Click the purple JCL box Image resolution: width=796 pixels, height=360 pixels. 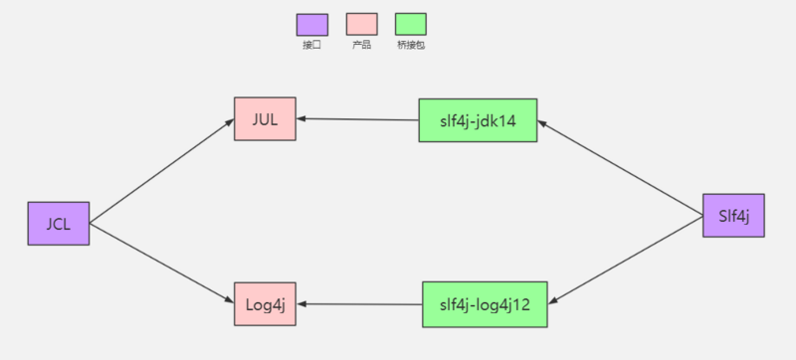coord(58,223)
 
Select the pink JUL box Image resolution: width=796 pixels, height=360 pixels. coord(265,119)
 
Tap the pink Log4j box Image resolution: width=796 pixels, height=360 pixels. coord(265,304)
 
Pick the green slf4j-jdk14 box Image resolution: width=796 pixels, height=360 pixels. coord(478,120)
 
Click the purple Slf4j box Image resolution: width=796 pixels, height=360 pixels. coord(733,216)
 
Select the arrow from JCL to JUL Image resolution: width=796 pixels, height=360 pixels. coord(159,171)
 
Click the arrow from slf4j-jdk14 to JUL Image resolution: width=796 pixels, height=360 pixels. coord(358,119)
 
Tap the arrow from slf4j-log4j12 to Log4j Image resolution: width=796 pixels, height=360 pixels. coord(360,304)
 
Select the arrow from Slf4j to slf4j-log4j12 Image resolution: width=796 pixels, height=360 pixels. coord(627,259)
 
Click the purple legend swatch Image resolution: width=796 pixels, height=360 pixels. coord(311,24)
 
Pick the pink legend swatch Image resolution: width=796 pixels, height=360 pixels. coord(361,24)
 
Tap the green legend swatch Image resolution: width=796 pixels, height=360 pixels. coord(410,24)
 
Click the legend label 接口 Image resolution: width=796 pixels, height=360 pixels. coord(311,46)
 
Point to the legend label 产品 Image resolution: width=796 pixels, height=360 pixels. coord(361,46)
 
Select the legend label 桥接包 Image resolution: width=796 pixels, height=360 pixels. coord(410,46)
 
